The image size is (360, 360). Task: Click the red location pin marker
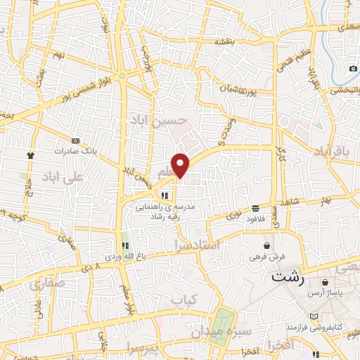[181, 165]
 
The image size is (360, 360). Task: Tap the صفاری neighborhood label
[47, 285]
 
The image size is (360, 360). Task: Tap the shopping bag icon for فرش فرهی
[267, 245]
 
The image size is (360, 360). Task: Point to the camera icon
[353, 68]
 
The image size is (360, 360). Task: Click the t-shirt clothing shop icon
[30, 155]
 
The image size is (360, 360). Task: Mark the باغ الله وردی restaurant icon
[124, 245]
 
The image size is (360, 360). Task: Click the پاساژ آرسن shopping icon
[324, 282]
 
